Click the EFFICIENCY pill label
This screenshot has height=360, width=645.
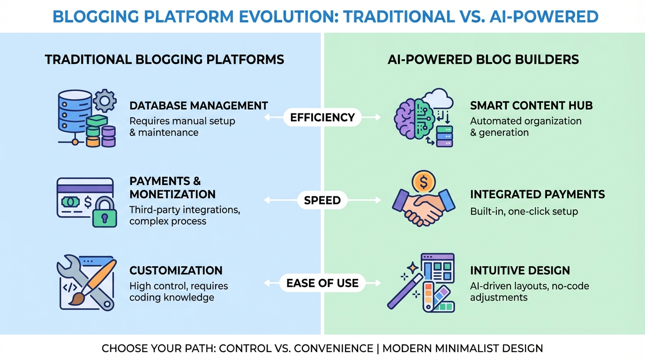tap(322, 117)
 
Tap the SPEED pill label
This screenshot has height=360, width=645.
tap(322, 200)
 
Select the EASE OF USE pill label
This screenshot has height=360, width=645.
tap(322, 283)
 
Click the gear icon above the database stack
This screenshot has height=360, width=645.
tap(105, 99)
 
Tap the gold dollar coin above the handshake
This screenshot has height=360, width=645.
tap(423, 182)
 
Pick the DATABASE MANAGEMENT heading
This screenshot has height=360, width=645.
tap(198, 105)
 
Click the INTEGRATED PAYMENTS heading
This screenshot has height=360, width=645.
tap(537, 194)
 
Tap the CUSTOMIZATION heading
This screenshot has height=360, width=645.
tap(176, 270)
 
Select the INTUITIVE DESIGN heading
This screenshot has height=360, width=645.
tap(520, 270)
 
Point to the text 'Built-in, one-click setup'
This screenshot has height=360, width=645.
tap(524, 211)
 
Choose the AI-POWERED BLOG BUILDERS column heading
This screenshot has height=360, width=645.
tap(483, 60)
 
